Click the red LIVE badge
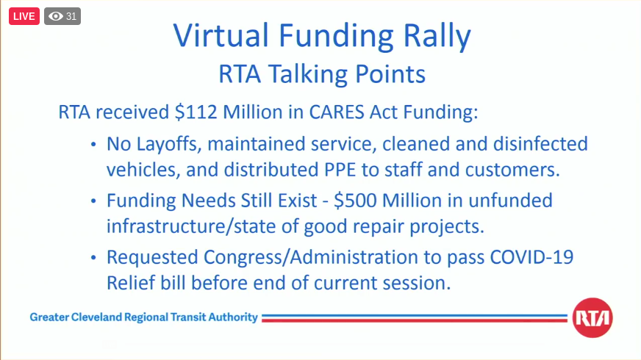24,16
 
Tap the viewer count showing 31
62,16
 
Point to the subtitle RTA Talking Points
321,74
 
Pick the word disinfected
539,143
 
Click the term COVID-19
539,258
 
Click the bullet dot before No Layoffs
93,144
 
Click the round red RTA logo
592,318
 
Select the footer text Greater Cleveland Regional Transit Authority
144,317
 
